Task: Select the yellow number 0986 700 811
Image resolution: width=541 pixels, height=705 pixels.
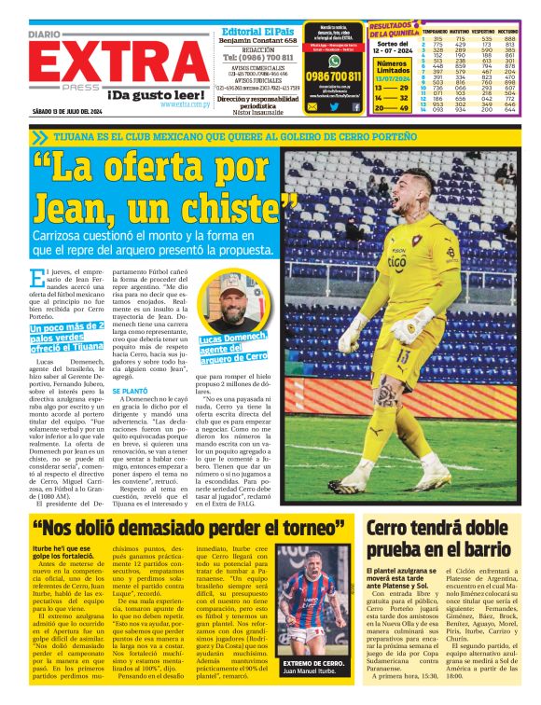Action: click(x=333, y=76)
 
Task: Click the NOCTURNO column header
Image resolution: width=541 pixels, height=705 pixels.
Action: click(x=515, y=31)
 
